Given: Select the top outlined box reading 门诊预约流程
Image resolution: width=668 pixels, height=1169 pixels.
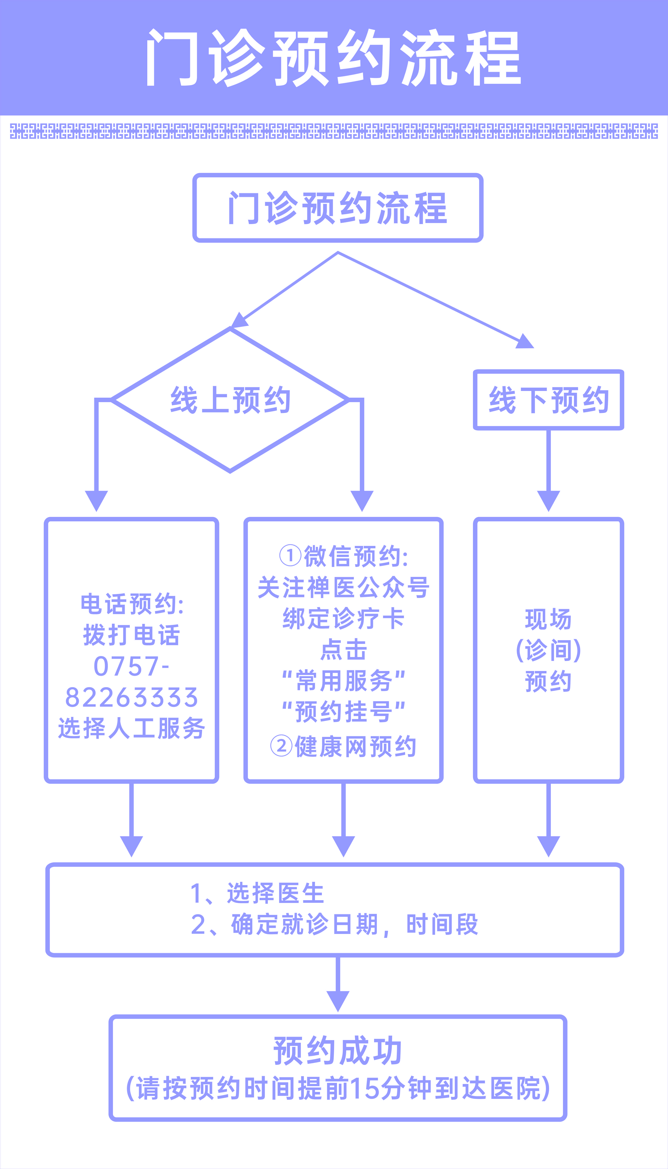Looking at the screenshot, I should pos(338,208).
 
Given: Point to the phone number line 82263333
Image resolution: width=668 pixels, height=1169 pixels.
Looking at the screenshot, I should pos(132,697).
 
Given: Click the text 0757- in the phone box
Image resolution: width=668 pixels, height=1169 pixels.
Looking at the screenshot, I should pos(132,666).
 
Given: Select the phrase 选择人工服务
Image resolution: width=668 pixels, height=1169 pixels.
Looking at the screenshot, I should pos(132,728).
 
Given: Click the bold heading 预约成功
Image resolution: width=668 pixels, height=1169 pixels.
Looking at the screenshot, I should pos(338,1051).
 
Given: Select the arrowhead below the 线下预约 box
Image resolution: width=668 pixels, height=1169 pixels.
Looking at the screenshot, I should pos(548,501).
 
